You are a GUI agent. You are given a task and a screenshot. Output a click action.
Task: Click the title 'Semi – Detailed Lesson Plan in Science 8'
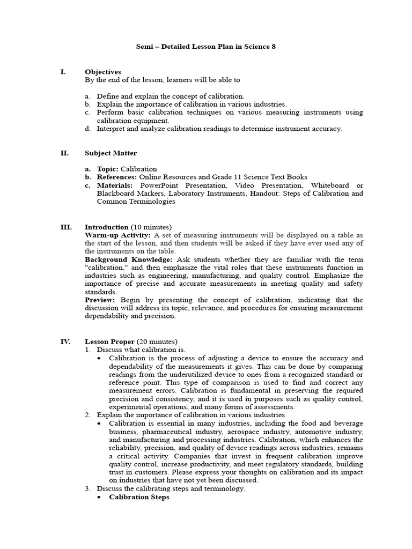point(205,47)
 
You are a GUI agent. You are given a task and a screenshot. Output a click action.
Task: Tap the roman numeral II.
point(64,153)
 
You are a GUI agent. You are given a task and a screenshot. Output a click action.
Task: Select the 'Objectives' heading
point(102,72)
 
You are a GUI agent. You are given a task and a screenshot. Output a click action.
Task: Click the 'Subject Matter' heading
point(111,153)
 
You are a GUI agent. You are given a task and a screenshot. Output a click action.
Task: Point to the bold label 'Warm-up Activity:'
point(118,235)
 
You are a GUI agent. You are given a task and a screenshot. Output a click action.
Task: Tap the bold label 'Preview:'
point(100,300)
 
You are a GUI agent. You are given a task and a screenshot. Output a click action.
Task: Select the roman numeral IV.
point(64,342)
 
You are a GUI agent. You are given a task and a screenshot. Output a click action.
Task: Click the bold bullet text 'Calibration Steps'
point(139,497)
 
